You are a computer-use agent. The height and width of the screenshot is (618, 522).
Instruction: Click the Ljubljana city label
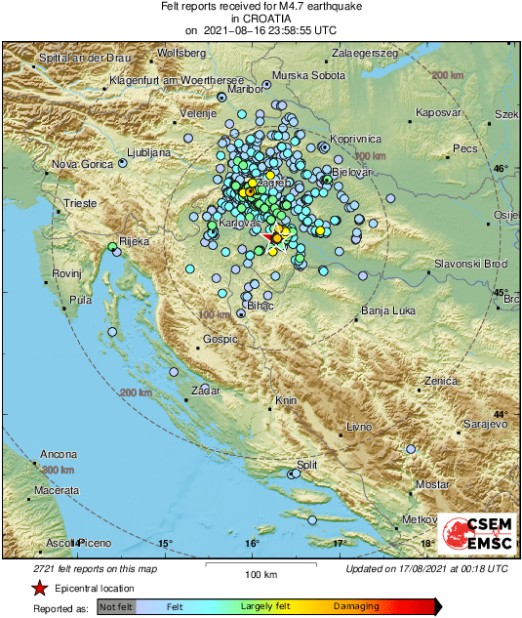[151, 153]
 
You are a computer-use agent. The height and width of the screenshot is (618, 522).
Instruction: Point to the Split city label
[307, 465]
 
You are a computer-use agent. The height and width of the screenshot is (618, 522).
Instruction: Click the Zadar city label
[206, 390]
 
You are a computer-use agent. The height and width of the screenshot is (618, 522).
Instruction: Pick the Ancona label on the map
[59, 454]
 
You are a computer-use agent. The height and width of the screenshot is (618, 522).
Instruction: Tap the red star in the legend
[38, 589]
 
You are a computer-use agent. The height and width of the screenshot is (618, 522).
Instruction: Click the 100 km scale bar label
[255, 574]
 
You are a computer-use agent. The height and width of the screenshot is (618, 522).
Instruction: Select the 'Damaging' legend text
[357, 606]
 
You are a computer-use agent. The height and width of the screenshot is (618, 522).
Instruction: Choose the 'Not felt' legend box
[116, 606]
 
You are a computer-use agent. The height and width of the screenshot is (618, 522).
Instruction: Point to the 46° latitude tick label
[501, 169]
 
